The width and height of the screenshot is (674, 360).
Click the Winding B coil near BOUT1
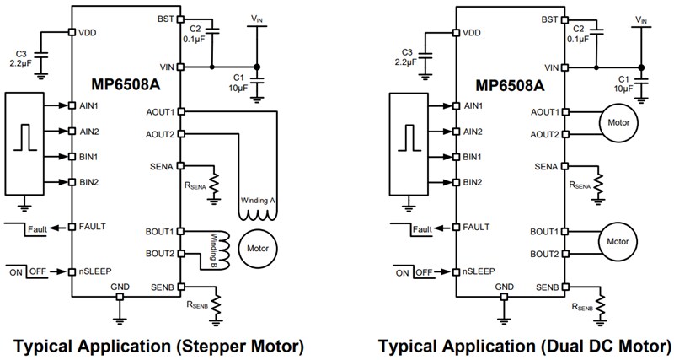pyautogui.click(x=205, y=243)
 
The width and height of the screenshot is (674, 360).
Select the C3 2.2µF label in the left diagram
pyautogui.click(x=27, y=56)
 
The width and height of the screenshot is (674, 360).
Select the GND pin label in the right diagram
pyautogui.click(x=503, y=287)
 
